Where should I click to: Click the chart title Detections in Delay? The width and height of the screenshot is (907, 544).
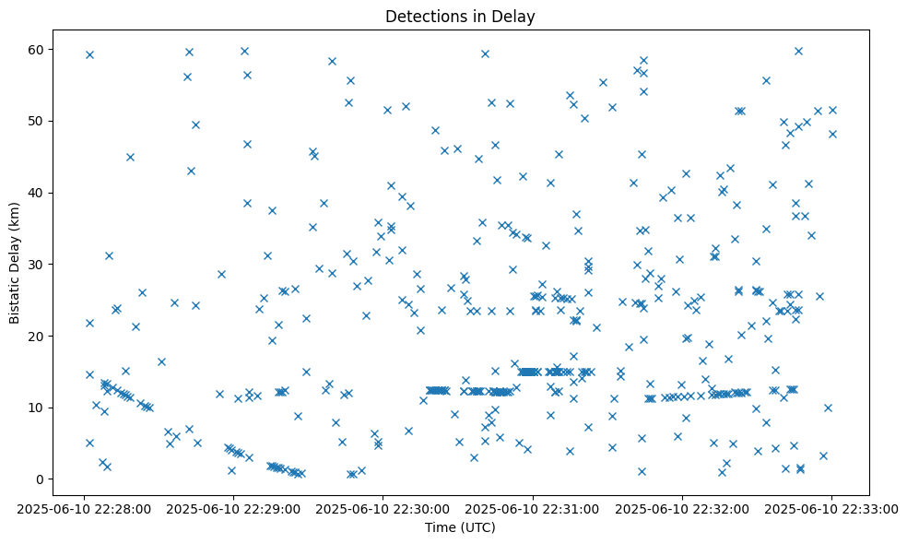(x=460, y=17)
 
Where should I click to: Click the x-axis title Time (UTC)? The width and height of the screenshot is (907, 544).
(x=460, y=527)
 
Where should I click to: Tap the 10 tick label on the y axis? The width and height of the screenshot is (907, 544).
(x=39, y=408)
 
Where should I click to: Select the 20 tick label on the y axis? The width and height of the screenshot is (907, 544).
(x=39, y=336)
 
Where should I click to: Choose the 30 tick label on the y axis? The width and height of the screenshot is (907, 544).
(x=39, y=265)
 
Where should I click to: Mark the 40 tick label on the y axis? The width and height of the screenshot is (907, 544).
(x=39, y=193)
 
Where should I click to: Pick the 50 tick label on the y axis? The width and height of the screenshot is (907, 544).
(x=39, y=121)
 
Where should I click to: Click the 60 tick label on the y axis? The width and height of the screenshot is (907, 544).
(x=39, y=49)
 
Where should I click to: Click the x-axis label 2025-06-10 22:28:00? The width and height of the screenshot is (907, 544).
(x=85, y=507)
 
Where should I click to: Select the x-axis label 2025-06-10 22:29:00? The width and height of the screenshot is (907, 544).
(x=234, y=507)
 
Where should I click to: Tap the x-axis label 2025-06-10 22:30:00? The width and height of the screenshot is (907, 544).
(x=383, y=507)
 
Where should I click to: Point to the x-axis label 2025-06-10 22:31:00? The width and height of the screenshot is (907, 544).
(x=533, y=507)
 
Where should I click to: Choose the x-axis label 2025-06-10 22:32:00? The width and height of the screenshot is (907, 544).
(x=682, y=507)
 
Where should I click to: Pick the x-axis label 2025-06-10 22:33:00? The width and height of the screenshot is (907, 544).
(x=831, y=507)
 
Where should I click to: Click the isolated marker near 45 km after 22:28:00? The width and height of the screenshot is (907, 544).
(x=130, y=157)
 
